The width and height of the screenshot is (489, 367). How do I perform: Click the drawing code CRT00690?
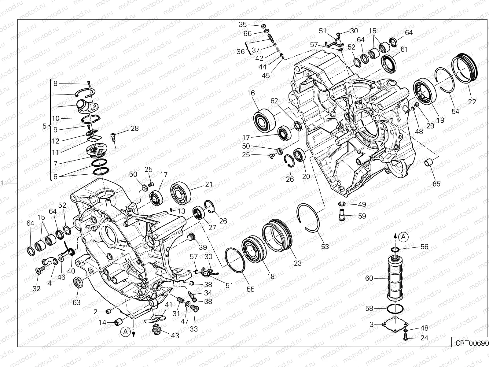(470, 343)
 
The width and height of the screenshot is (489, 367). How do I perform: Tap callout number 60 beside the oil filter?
(370, 278)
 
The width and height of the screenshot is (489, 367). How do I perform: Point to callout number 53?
(325, 246)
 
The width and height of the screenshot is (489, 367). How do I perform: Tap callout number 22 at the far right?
(472, 102)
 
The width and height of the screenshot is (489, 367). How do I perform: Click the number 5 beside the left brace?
(44, 126)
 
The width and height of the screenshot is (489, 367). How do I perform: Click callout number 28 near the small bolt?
(134, 128)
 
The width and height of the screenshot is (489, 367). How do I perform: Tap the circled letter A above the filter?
(403, 236)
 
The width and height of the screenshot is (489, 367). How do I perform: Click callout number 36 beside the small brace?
(241, 51)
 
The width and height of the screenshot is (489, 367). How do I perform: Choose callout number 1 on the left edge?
(2, 183)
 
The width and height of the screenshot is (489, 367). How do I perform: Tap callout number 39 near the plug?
(203, 247)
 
